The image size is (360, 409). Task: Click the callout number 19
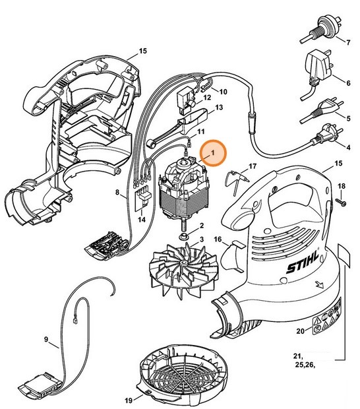point(127,400)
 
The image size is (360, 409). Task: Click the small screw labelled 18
point(342,201)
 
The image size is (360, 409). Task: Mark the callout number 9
point(47,339)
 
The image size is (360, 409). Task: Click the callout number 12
point(207,98)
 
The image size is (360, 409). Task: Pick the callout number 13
point(219,107)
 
